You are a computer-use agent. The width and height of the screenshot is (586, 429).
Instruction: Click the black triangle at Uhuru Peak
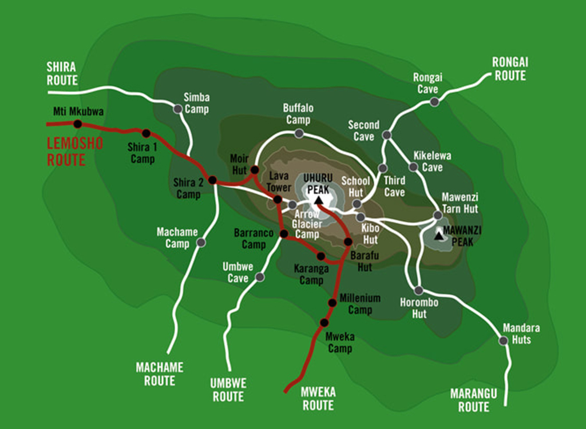[318, 200]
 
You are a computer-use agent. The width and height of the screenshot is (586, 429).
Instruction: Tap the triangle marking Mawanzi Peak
[439, 235]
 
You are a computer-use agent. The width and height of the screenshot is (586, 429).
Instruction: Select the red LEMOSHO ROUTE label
[74, 152]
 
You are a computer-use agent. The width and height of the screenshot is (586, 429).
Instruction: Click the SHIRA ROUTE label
[62, 74]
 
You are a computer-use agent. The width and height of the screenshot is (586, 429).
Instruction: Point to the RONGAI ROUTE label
[509, 69]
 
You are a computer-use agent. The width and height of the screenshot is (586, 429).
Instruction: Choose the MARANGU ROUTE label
[473, 400]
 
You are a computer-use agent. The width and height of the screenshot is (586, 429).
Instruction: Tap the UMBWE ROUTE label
[228, 390]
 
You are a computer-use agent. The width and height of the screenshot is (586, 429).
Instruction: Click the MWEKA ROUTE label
[318, 399]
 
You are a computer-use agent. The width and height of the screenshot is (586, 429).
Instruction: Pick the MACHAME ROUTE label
[160, 374]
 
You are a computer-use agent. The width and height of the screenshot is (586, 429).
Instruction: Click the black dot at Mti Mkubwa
[78, 124]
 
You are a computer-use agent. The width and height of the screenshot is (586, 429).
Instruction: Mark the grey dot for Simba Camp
[178, 109]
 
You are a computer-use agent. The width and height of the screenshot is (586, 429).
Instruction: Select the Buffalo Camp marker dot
[298, 133]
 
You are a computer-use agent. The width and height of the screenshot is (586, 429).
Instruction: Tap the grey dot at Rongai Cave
[434, 102]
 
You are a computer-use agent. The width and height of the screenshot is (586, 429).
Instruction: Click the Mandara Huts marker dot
[503, 340]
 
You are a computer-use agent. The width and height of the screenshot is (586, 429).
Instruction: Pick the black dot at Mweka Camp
[324, 322]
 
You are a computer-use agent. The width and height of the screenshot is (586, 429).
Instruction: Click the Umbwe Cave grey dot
[260, 277]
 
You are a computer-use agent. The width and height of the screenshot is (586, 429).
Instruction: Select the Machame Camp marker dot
[201, 243]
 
